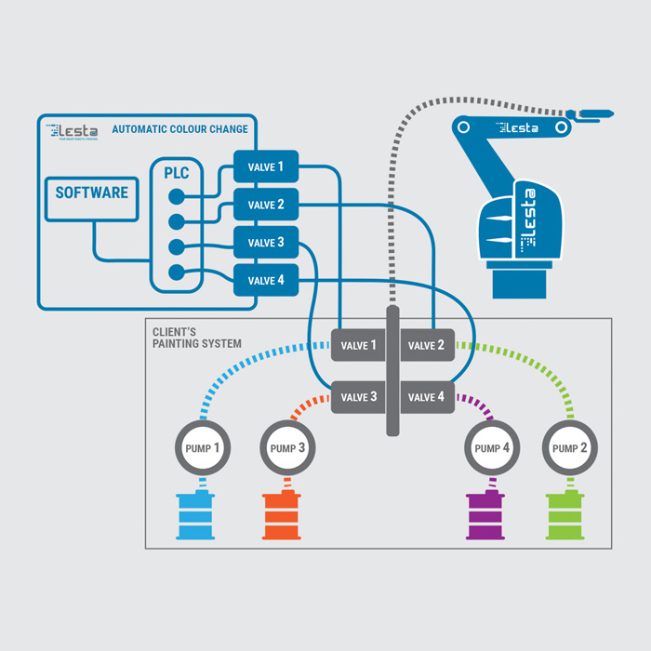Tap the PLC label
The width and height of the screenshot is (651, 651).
point(177,173)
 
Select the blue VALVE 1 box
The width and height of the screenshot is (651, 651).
point(265,167)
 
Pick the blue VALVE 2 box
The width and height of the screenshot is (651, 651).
point(265,205)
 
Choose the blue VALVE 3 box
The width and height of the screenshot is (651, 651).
point(265,243)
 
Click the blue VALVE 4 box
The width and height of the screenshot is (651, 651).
point(265,280)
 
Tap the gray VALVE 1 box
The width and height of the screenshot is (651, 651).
point(359,345)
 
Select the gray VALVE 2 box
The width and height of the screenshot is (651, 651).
point(426,345)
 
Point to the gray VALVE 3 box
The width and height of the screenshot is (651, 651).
point(359,397)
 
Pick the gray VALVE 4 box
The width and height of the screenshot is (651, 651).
point(426,397)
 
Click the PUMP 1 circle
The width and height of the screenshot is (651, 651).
point(203,448)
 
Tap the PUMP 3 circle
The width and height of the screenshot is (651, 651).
point(288,448)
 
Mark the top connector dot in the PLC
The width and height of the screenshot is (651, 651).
point(175,196)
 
